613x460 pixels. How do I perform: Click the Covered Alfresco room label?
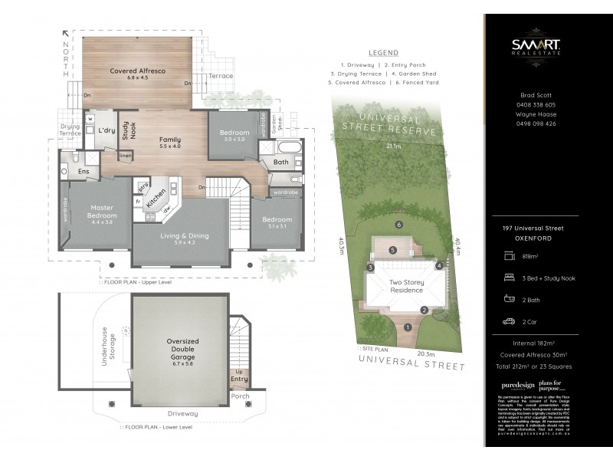pos(133,74)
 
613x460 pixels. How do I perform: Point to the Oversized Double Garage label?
pos(182,351)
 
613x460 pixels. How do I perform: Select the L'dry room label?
pos(107,131)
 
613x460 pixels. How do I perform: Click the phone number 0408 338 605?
pos(536,105)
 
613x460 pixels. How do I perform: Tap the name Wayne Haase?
pos(536,114)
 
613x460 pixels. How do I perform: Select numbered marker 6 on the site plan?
pos(398,225)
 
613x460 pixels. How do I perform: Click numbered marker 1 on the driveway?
pos(408,327)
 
